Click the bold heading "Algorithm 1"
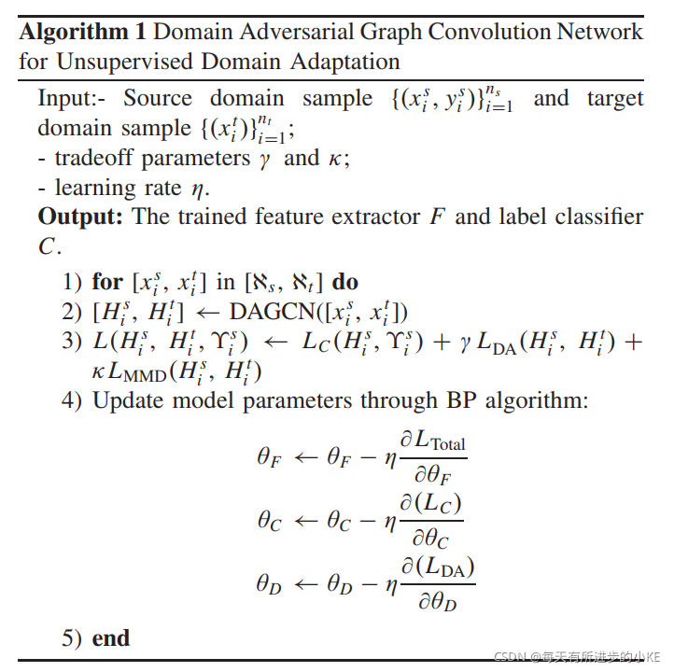82,32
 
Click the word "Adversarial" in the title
284,32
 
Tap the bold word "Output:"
81,217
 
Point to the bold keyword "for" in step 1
107,281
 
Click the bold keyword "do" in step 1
344,281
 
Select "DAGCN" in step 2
272,311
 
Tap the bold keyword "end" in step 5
111,638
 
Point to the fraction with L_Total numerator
432,456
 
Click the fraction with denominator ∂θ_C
431,519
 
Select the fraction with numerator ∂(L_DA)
438,582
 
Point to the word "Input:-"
74,98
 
